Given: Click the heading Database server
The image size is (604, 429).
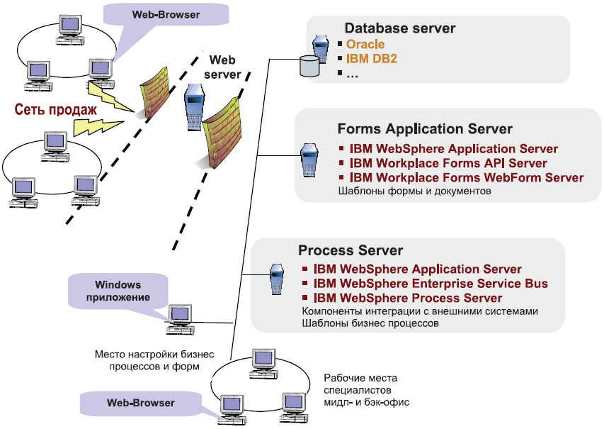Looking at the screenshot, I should click(x=399, y=28).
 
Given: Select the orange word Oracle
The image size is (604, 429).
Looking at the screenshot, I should click(x=365, y=45).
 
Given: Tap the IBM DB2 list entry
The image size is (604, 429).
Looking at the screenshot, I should click(x=372, y=59).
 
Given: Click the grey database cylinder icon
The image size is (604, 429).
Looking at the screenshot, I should click(x=309, y=66).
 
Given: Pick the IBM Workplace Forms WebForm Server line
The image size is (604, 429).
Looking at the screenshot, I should click(x=467, y=177).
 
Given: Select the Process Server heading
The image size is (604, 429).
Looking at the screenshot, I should click(x=351, y=251).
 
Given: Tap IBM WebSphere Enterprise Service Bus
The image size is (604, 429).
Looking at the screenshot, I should click(x=431, y=284).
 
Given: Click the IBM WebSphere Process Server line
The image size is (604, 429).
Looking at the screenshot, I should click(x=408, y=298).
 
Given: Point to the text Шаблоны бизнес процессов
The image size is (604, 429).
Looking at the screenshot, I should click(x=370, y=323).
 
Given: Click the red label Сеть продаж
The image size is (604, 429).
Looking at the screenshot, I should click(x=55, y=109).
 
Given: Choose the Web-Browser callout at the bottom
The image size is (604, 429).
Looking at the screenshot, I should click(x=141, y=403).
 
